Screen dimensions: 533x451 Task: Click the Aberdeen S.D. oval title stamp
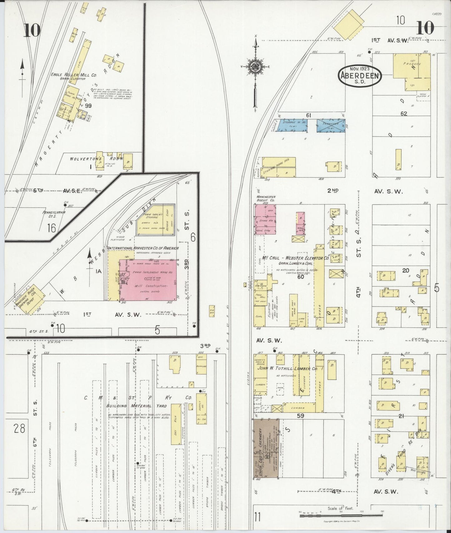360,75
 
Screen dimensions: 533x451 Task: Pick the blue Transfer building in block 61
331,125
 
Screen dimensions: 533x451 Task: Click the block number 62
404,114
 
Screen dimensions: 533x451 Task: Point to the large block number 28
19,429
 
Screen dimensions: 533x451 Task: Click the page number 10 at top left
31,30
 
